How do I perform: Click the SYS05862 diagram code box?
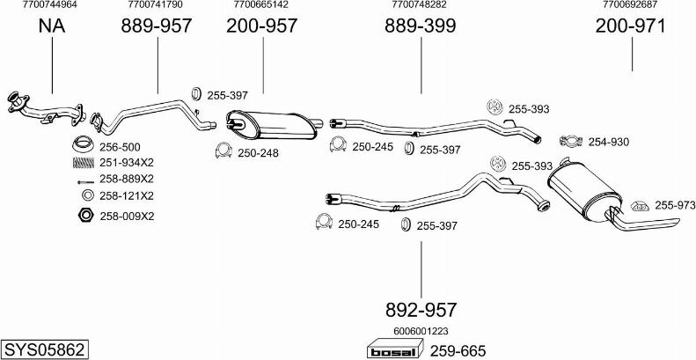click(x=44, y=349)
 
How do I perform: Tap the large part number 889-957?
click(x=157, y=26)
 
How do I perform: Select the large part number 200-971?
click(x=630, y=26)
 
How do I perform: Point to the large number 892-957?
click(x=421, y=310)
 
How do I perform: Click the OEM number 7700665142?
click(x=261, y=5)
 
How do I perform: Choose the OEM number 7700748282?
click(x=419, y=5)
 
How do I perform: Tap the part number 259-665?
click(x=458, y=350)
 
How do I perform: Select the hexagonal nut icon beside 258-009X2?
click(x=84, y=215)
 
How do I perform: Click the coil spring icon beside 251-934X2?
click(x=84, y=163)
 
